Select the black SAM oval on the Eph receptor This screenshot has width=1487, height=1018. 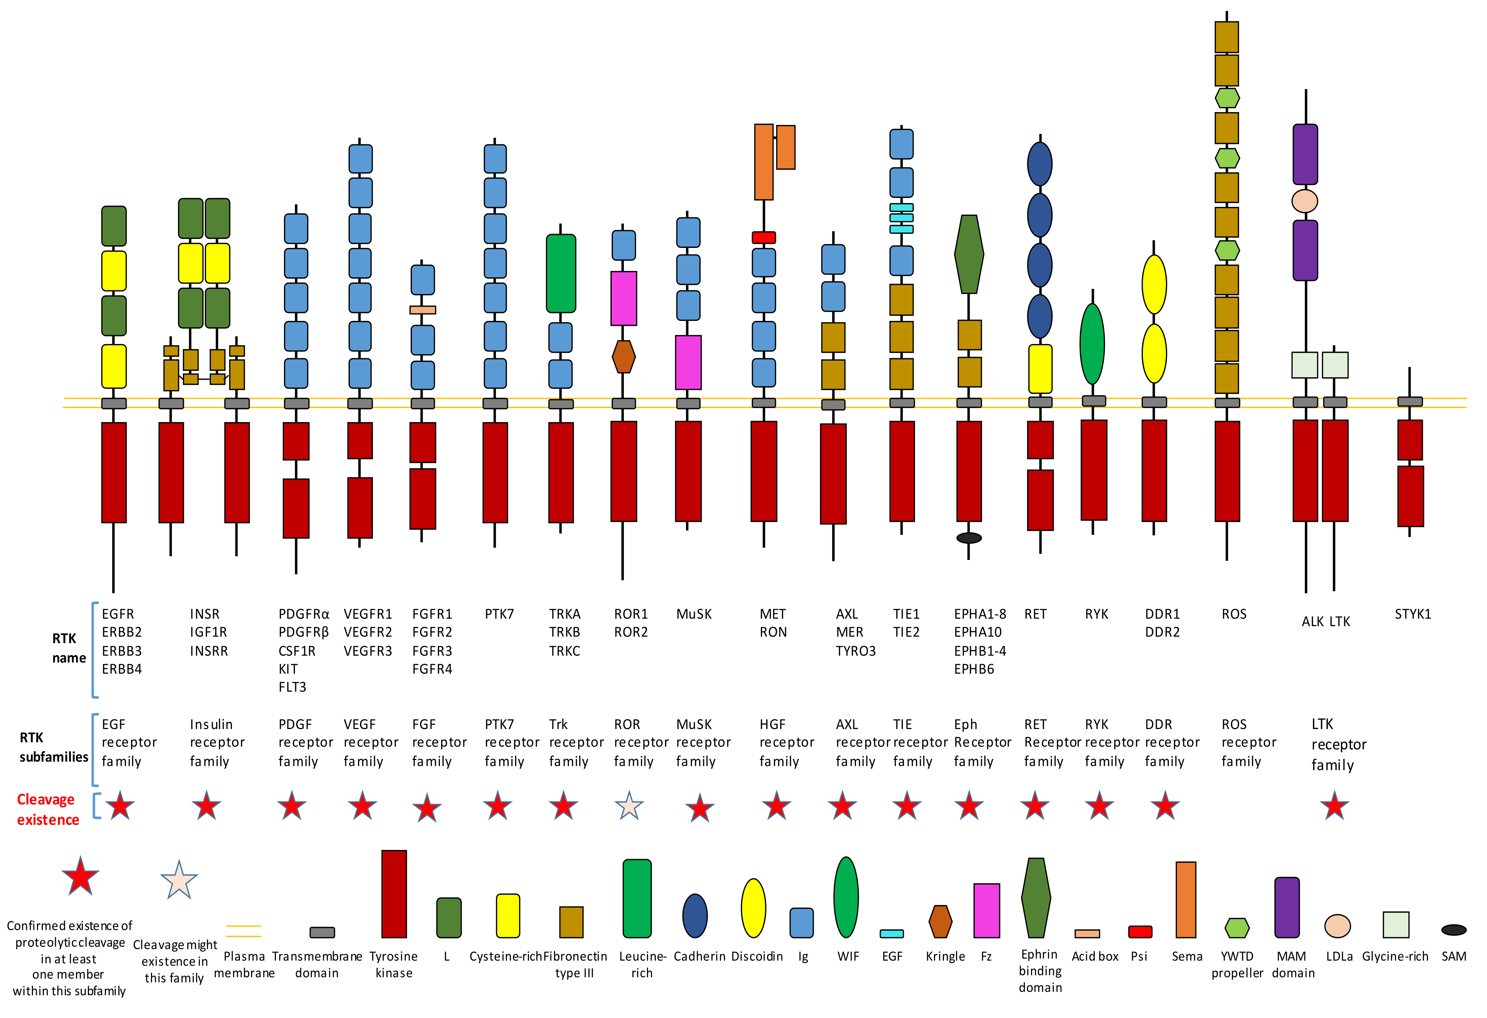[969, 538]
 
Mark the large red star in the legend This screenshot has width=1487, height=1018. [80, 876]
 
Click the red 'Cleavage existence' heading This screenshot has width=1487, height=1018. [47, 809]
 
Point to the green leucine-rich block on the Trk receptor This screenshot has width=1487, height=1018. [560, 273]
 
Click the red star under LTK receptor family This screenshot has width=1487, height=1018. [1334, 806]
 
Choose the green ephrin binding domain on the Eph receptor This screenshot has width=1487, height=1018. [969, 254]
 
